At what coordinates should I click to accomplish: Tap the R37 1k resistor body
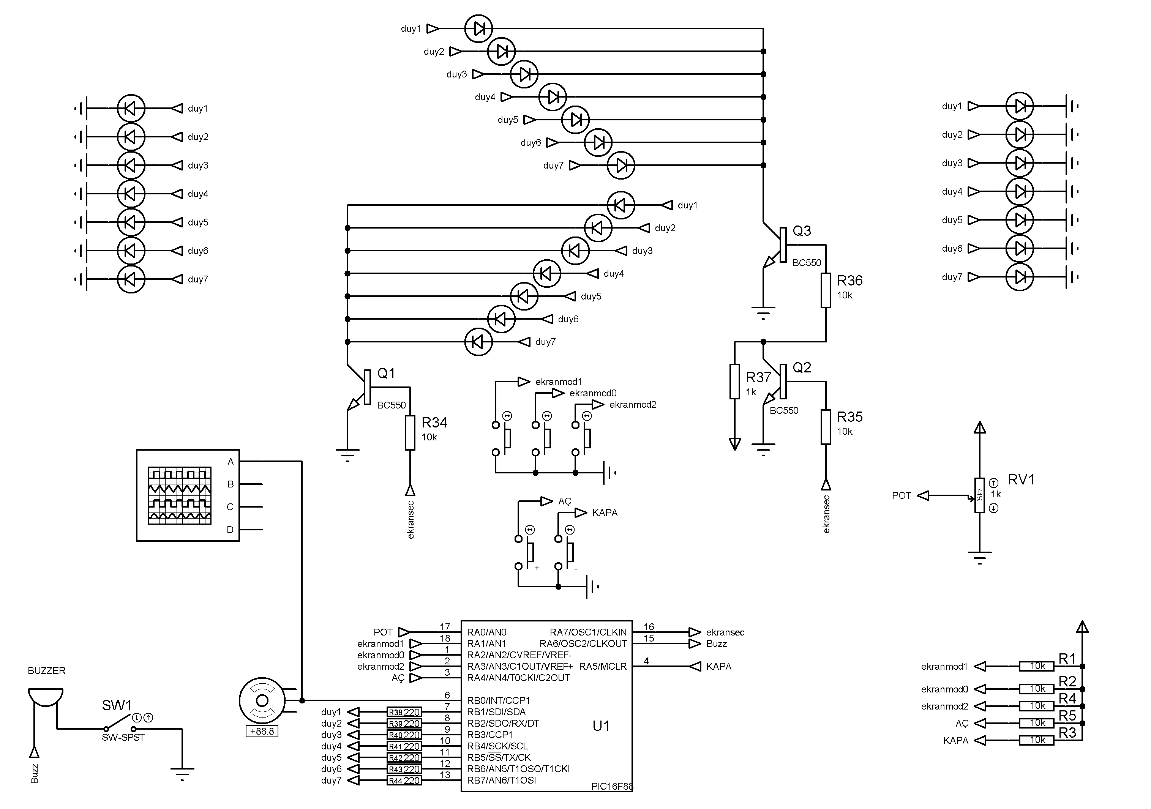(x=734, y=382)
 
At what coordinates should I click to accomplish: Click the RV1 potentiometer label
(x=1021, y=480)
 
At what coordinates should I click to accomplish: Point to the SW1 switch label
(x=116, y=705)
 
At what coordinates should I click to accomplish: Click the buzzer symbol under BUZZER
(x=46, y=697)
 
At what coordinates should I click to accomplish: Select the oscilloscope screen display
(x=180, y=495)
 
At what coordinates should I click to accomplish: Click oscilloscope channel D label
(x=230, y=530)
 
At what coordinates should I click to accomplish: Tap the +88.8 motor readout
(x=262, y=731)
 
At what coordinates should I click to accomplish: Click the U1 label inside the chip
(x=601, y=726)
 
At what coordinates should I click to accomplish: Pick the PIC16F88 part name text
(x=612, y=786)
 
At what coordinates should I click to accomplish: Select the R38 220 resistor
(x=404, y=712)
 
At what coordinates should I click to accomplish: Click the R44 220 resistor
(x=404, y=781)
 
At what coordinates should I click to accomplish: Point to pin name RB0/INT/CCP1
(x=498, y=700)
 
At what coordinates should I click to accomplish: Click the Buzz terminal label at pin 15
(x=716, y=643)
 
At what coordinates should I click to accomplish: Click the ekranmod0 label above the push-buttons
(x=592, y=393)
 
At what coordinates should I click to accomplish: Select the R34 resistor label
(x=434, y=423)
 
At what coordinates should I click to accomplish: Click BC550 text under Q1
(x=391, y=405)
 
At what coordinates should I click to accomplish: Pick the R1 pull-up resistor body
(x=1037, y=666)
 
